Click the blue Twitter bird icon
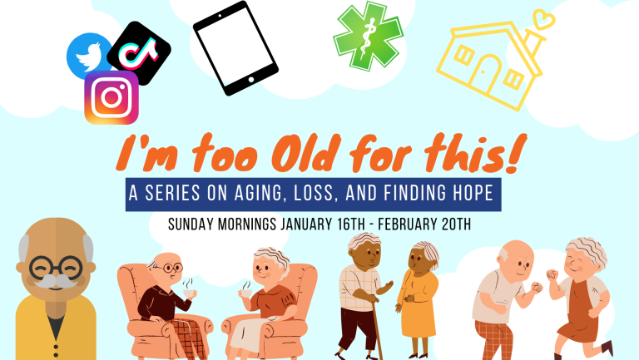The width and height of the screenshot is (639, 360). [88, 57]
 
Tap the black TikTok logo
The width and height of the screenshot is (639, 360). [139, 52]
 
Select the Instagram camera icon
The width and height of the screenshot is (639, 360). [111, 98]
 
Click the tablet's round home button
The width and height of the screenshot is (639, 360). [251, 80]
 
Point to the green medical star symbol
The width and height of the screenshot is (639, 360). [369, 36]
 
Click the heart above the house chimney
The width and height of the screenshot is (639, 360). [544, 19]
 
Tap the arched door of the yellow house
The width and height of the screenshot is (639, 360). [484, 76]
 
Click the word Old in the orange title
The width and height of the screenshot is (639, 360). [306, 153]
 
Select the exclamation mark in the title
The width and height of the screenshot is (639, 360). [517, 153]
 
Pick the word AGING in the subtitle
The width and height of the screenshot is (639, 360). [258, 193]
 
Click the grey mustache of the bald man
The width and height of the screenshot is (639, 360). [56, 281]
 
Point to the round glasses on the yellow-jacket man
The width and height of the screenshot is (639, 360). [56, 267]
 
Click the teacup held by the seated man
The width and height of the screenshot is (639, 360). [189, 293]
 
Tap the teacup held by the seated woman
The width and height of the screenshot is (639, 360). [247, 293]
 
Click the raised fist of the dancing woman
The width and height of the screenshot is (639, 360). [552, 274]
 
